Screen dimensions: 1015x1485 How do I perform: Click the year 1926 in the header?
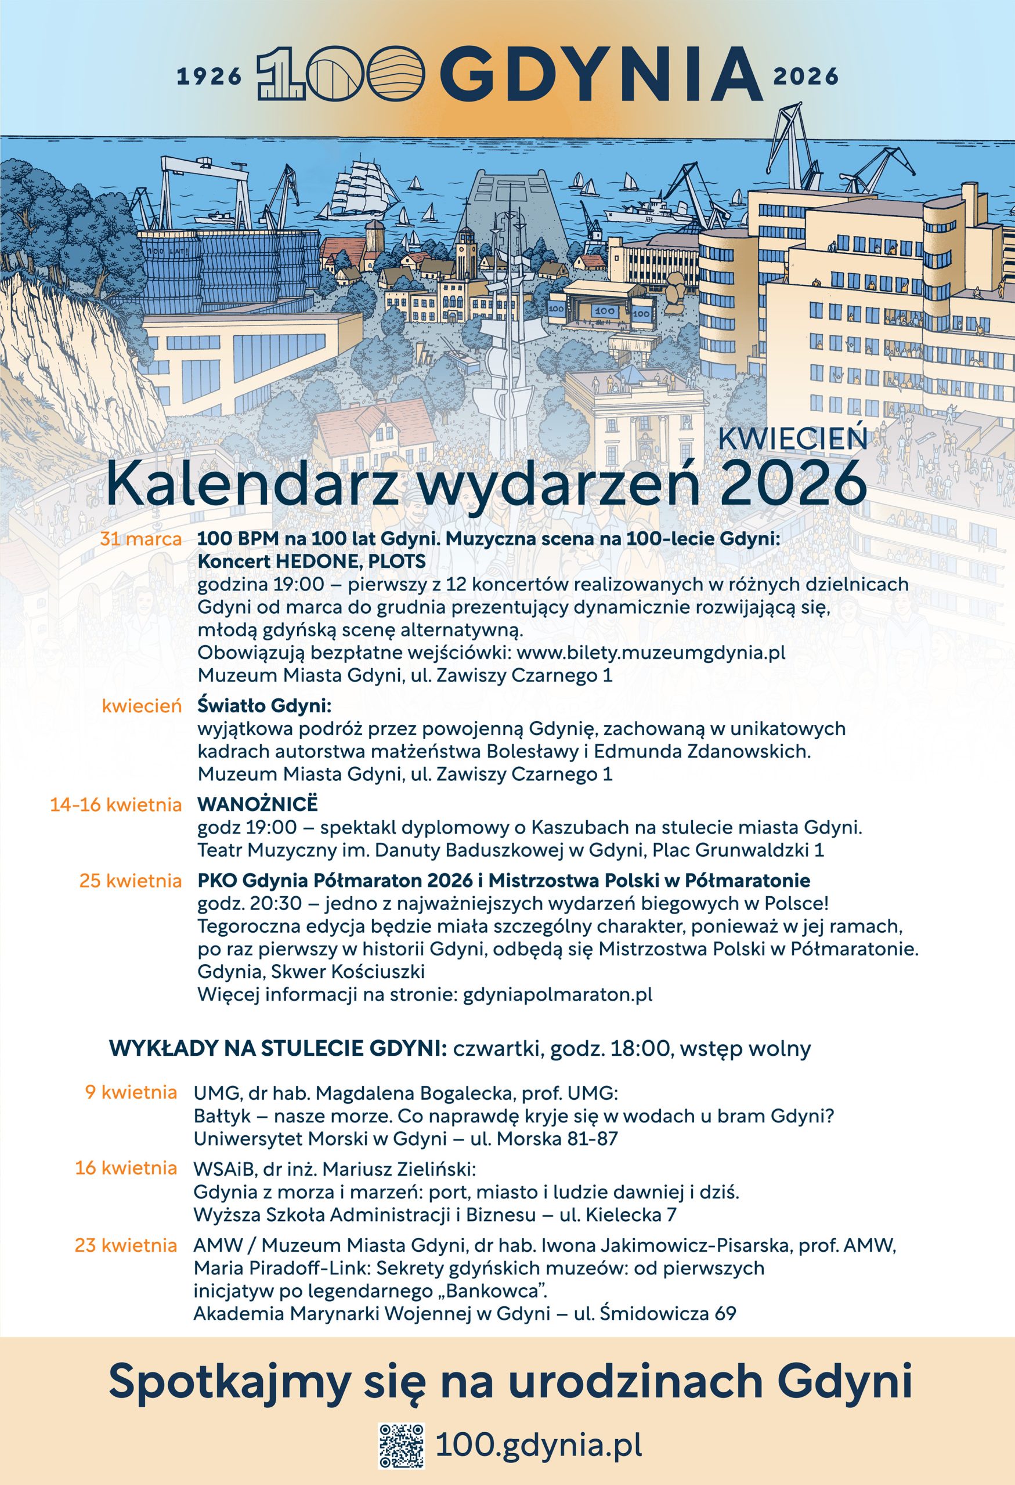tap(209, 77)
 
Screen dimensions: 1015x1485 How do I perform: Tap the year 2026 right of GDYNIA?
tap(806, 77)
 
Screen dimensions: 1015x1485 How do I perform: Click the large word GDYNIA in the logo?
tap(601, 74)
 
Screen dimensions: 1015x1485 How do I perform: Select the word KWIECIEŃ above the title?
tap(793, 439)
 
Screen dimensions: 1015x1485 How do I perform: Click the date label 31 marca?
tap(140, 539)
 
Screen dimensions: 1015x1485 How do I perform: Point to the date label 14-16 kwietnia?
tap(115, 805)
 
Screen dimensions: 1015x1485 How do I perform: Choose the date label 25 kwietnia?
tap(131, 881)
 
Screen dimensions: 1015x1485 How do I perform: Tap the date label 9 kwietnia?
tap(131, 1091)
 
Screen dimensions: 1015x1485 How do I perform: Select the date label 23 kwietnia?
tap(126, 1245)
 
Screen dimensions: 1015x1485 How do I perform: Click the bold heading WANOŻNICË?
tap(257, 804)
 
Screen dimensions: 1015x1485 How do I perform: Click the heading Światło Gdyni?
tap(265, 706)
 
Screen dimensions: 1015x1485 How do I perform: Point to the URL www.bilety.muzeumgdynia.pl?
tap(651, 653)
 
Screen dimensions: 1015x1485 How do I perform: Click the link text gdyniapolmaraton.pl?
tap(557, 994)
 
